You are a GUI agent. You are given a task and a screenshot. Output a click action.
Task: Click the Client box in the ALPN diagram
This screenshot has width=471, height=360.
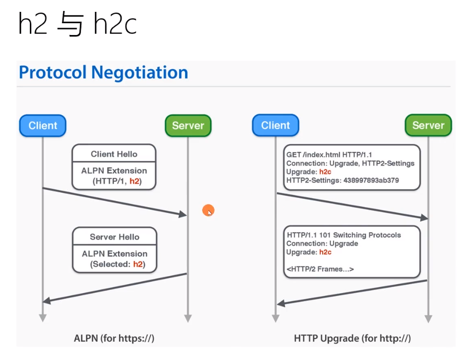43,126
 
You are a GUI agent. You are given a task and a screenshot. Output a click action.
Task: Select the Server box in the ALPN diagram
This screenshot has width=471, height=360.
188,126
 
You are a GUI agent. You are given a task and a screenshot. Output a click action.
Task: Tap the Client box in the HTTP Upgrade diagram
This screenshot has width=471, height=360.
275,126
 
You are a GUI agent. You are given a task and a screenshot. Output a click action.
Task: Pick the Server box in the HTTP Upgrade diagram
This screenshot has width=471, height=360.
428,126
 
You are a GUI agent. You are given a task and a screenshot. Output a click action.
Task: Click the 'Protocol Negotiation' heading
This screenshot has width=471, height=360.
103,72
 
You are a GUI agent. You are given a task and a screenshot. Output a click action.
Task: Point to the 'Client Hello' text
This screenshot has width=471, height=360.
114,154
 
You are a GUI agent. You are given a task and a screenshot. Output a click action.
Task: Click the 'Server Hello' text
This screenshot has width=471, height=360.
114,237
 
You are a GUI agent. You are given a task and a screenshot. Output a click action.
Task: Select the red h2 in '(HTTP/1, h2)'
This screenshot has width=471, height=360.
135,181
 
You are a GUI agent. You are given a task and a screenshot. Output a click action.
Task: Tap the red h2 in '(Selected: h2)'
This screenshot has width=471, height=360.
138,264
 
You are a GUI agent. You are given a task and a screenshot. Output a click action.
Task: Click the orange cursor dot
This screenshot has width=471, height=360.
208,211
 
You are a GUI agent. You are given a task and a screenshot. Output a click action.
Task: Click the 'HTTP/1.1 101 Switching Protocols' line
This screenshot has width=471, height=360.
344,235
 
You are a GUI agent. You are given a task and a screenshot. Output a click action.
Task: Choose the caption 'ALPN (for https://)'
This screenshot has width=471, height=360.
114,338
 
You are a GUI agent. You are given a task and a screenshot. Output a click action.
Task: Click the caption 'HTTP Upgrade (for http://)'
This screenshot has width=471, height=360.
352,338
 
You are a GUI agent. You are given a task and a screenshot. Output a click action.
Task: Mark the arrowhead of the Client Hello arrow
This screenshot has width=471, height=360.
183,215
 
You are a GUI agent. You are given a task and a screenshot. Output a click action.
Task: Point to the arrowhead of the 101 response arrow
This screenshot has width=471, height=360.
281,303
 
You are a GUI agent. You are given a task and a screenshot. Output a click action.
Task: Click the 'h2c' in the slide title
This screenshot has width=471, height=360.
115,25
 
